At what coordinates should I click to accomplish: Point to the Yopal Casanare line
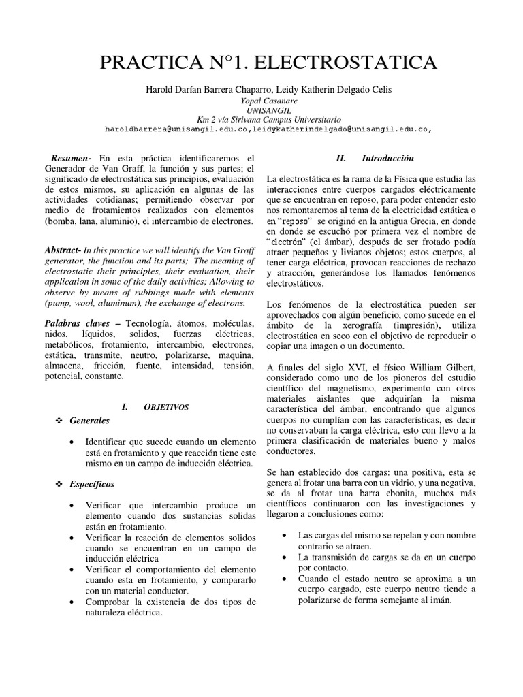tap(261, 100)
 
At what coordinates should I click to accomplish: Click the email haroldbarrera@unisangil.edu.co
tap(180, 128)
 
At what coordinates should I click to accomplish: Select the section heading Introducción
tap(387, 158)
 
